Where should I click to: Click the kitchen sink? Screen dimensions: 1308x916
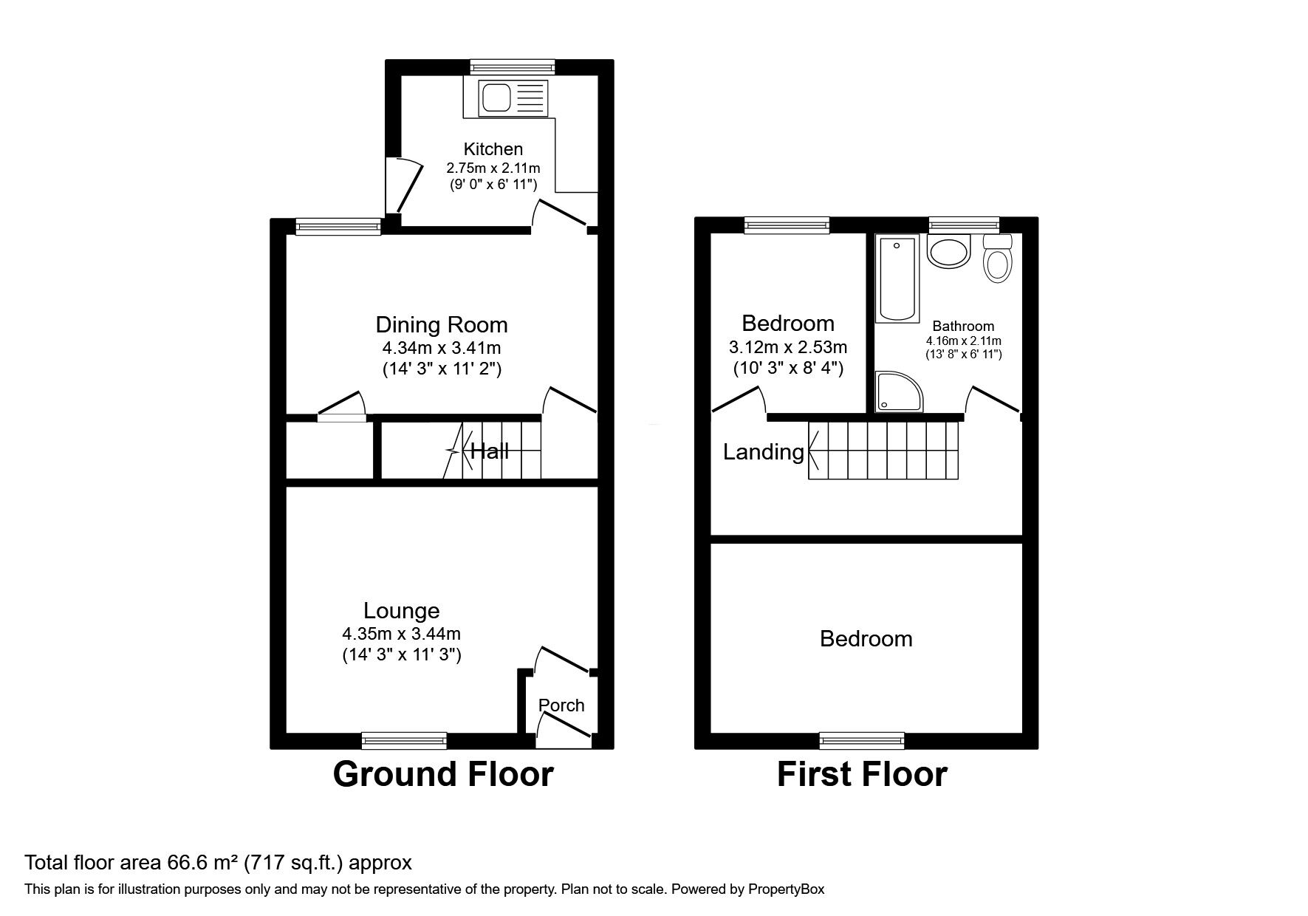[x=514, y=98]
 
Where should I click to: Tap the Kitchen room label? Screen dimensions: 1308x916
[x=493, y=148]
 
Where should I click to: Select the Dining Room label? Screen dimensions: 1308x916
[x=442, y=324]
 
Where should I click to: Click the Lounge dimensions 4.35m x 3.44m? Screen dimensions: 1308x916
[x=401, y=634]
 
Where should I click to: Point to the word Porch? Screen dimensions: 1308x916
[x=561, y=705]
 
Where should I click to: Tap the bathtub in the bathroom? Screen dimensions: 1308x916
[x=897, y=279]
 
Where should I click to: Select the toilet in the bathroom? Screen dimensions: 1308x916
[x=998, y=258]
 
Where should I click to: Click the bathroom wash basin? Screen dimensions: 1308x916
[x=949, y=253]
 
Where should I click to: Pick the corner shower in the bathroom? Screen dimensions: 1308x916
[x=897, y=391]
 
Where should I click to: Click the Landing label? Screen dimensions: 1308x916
[x=763, y=452]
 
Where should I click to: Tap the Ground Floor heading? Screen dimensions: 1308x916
[x=443, y=774]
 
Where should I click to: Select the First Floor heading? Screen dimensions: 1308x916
[x=862, y=774]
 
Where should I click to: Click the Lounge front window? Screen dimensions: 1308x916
[x=404, y=739]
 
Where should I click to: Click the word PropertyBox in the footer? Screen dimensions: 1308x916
[x=786, y=889]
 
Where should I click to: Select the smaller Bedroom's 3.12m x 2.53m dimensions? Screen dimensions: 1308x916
[x=787, y=346]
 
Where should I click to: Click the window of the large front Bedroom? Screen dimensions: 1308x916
[x=862, y=739]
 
